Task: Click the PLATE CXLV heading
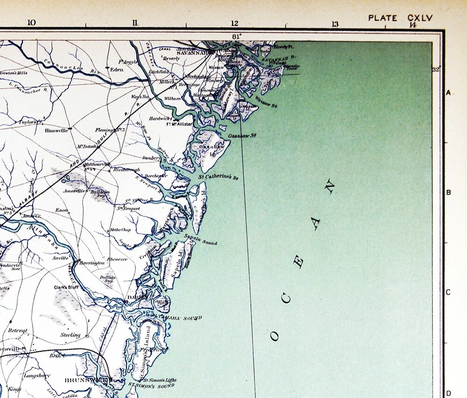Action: click(400, 18)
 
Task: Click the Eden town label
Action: click(117, 69)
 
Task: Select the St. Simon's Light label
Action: click(161, 380)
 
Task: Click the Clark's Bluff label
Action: click(67, 287)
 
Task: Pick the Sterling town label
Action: click(71, 335)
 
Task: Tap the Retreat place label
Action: click(18, 330)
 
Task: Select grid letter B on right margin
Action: click(449, 192)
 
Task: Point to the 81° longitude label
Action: click(237, 36)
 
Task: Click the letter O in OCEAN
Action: click(275, 336)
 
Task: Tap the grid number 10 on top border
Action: click(32, 23)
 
